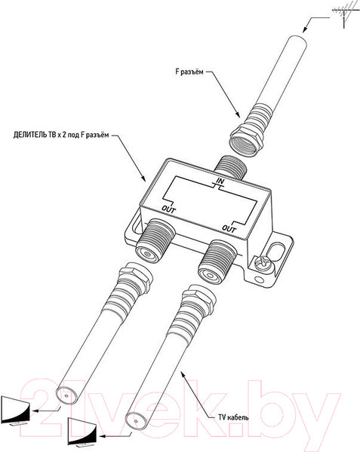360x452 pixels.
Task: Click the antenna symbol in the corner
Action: (344, 14)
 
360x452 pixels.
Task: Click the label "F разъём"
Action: (189, 72)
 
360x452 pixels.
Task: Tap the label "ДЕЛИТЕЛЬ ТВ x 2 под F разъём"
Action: (61, 135)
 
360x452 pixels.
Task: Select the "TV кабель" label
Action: (233, 417)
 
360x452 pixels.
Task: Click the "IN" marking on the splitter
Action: (220, 182)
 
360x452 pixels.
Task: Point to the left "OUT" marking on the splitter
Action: (168, 209)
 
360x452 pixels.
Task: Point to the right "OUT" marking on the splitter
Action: (229, 228)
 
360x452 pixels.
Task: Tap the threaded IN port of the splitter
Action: (230, 167)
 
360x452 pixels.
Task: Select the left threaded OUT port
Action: (155, 241)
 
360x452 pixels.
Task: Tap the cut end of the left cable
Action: (66, 395)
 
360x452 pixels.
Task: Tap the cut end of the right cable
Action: (137, 421)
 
